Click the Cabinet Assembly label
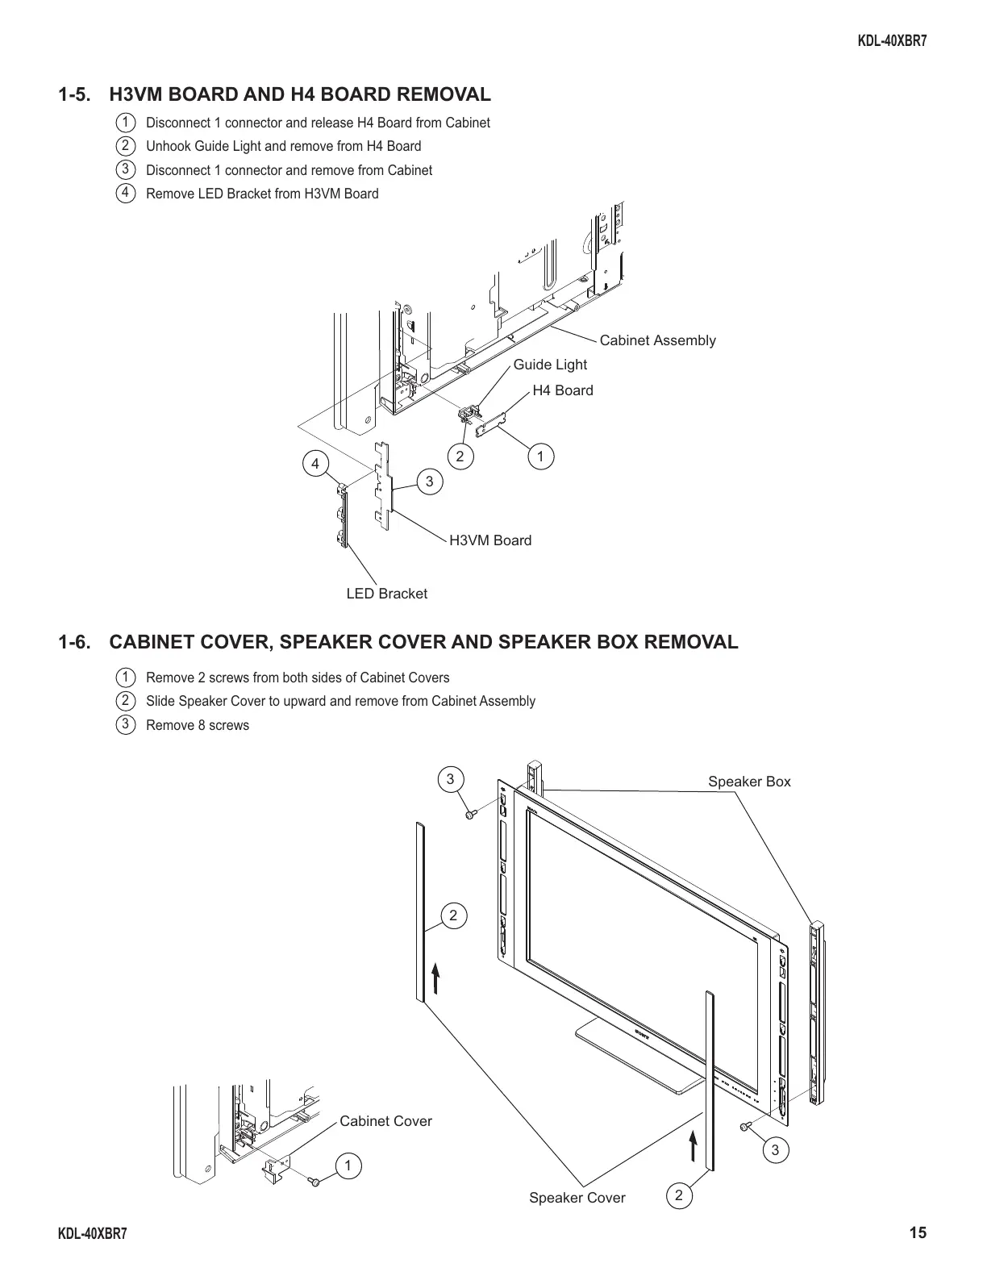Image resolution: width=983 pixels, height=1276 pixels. (657, 340)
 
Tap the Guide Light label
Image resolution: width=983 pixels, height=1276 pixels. (550, 365)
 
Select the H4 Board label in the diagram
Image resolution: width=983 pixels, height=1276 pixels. (562, 390)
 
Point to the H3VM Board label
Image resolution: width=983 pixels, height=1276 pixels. (489, 540)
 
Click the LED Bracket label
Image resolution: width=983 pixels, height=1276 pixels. (386, 594)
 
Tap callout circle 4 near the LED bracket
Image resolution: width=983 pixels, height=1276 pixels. (315, 464)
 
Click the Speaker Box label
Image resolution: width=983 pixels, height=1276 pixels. (749, 782)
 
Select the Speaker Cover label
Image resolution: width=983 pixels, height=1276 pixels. (577, 1198)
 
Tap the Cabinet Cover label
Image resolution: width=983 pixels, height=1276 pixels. (385, 1121)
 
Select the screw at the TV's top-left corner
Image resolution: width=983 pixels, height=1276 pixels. (470, 815)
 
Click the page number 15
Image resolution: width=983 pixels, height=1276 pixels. (917, 1232)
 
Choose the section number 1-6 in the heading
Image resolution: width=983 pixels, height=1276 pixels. (73, 642)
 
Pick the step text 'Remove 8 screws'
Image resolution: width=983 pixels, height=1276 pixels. (198, 725)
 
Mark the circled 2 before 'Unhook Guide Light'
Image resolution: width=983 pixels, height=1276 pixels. (125, 146)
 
